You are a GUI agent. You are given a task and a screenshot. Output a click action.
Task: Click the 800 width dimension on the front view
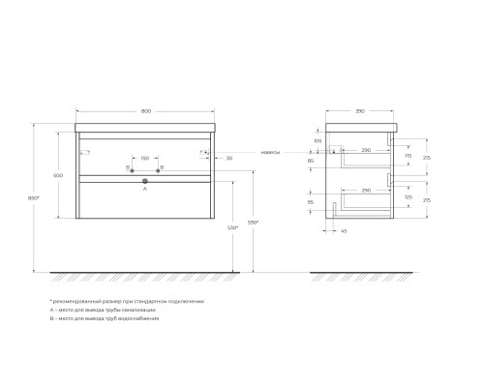144,112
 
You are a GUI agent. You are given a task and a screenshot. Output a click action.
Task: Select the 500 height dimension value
59,175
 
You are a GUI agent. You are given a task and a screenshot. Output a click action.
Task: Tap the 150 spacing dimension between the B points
144,158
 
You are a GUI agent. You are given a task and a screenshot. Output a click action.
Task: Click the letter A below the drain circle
144,190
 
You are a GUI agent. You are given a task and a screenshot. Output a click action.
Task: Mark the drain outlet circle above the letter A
144,181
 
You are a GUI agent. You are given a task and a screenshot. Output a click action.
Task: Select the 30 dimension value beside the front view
228,158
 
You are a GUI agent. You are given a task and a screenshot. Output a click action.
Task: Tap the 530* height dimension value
232,227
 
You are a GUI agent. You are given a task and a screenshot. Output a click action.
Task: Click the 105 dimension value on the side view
318,140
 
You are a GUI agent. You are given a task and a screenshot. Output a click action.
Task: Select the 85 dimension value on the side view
311,161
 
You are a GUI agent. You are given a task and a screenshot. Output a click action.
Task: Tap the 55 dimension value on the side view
311,202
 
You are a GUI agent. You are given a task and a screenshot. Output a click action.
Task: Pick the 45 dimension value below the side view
344,231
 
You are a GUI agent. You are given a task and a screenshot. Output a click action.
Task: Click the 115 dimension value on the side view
408,156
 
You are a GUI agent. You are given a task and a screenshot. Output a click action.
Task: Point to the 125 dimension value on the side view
408,196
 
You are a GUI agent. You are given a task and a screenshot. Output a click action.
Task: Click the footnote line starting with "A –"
96,310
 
